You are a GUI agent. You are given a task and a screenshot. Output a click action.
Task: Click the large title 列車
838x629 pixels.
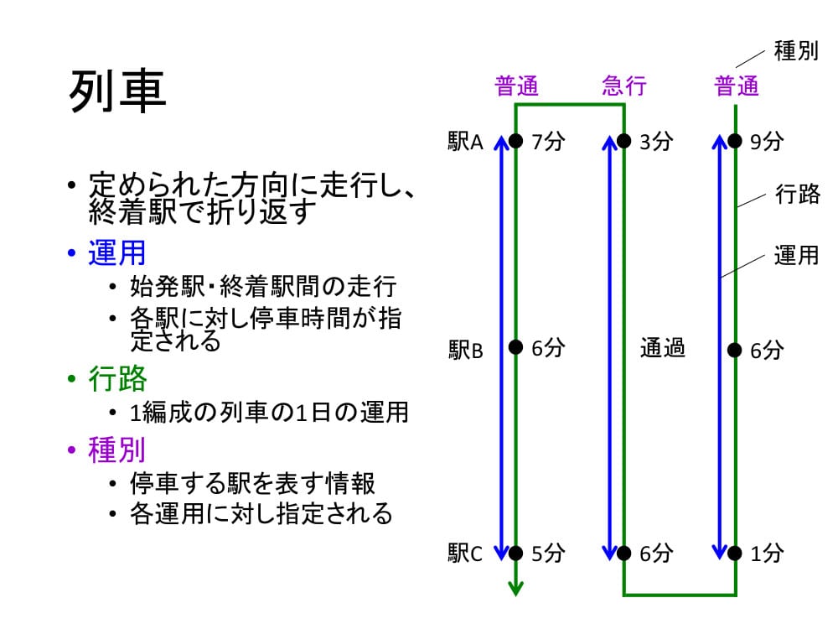pos(117,91)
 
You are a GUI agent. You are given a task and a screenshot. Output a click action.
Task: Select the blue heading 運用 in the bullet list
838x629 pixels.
pos(117,253)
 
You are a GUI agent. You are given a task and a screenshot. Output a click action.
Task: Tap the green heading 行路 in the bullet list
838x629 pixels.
pos(117,378)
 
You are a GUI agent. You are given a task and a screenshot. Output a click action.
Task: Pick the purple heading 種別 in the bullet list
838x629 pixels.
pos(117,450)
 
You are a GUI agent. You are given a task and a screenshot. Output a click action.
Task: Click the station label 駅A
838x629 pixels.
pos(465,142)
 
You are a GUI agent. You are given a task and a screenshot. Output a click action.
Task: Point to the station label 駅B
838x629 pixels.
pos(465,351)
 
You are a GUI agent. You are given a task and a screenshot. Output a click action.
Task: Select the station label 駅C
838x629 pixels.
pos(465,553)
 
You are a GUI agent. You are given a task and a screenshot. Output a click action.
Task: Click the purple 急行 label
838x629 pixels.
pos(623,86)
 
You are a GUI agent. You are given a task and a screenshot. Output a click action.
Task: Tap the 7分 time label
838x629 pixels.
pos(548,142)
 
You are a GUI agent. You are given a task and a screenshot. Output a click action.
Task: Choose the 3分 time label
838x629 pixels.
pos(656,142)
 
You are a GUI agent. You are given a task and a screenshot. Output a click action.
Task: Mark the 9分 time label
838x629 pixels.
pos(767,142)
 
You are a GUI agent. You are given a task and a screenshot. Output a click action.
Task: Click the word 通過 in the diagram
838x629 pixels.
pos(663,348)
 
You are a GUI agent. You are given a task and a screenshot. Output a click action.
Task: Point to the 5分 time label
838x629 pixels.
pos(548,553)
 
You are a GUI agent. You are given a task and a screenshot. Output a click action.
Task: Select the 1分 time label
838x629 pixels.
pos(767,553)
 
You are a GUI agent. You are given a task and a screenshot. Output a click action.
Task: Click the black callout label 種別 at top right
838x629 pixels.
pos(796,51)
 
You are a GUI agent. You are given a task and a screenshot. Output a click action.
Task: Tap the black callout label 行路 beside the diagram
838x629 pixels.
pos(798,194)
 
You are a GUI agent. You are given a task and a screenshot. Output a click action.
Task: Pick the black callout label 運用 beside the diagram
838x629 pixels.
pos(796,255)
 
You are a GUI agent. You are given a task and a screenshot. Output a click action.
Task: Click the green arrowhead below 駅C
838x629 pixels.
pos(515,589)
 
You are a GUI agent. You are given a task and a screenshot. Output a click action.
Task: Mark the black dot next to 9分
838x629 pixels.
pos(736,141)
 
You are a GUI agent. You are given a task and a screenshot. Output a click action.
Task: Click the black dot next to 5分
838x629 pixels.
pos(515,553)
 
